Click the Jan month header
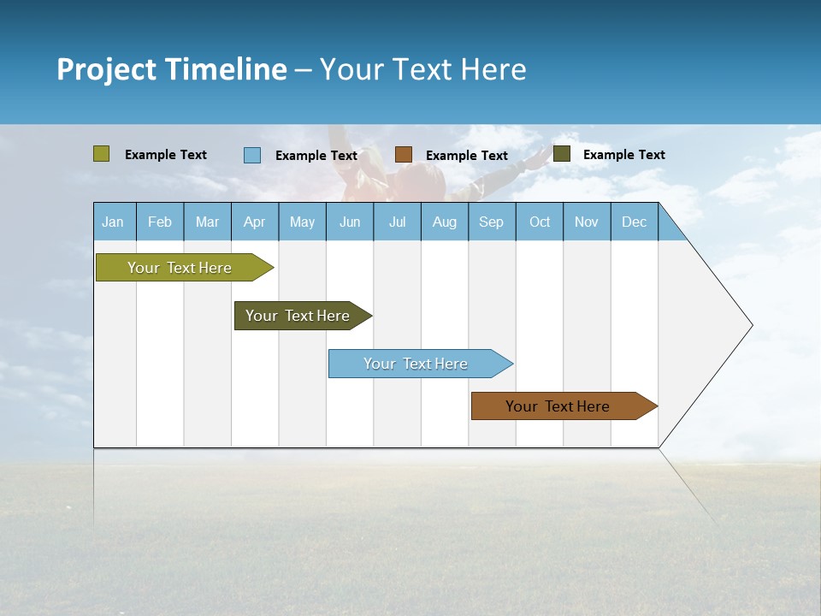tap(113, 222)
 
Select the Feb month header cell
tap(160, 222)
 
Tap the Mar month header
tap(207, 222)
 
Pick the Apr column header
tap(254, 222)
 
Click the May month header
tap(302, 222)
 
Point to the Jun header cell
tap(350, 222)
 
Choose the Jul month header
tap(397, 222)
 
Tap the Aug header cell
tap(445, 222)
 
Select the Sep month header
tap(492, 222)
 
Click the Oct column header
tap(540, 222)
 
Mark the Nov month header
tap(587, 222)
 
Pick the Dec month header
tap(634, 222)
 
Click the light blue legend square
tap(252, 155)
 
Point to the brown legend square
tap(404, 154)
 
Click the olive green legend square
tap(102, 154)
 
